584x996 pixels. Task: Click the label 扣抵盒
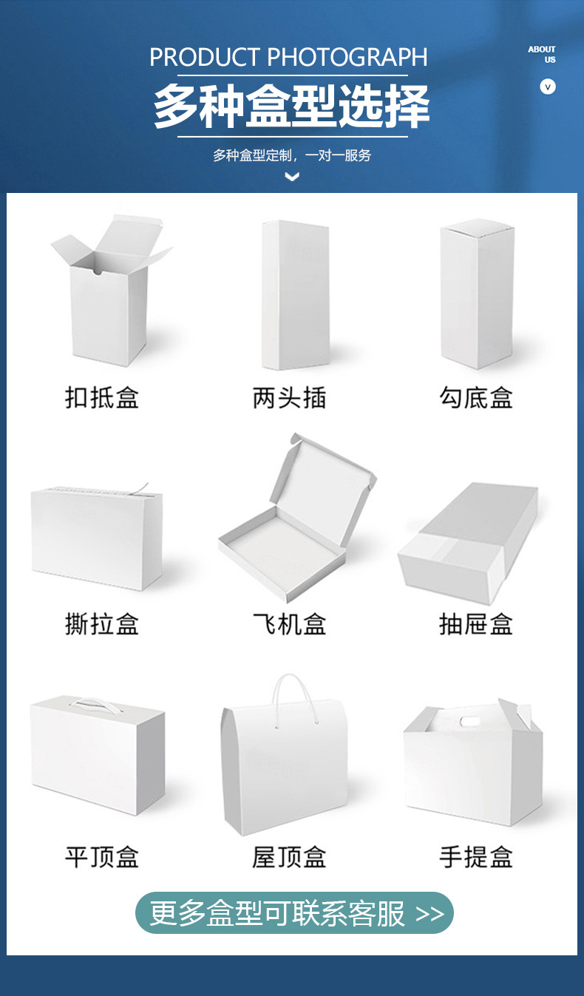pyautogui.click(x=102, y=398)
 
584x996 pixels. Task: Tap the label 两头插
pyautogui.click(x=289, y=398)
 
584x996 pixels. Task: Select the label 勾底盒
pyautogui.click(x=476, y=398)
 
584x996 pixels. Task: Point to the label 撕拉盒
pyautogui.click(x=102, y=624)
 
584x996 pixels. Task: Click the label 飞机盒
pyautogui.click(x=289, y=624)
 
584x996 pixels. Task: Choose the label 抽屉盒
pyautogui.click(x=476, y=624)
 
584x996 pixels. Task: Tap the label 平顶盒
pyautogui.click(x=102, y=857)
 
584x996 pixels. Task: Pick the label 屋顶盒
pyautogui.click(x=289, y=857)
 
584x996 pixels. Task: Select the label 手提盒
pyautogui.click(x=476, y=857)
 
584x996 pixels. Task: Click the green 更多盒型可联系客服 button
pyautogui.click(x=294, y=913)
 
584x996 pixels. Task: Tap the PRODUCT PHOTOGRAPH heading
pyautogui.click(x=289, y=57)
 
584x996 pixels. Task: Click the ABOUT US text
pyautogui.click(x=542, y=54)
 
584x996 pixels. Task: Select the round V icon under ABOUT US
pyautogui.click(x=548, y=87)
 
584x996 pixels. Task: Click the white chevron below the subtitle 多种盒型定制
pyautogui.click(x=292, y=177)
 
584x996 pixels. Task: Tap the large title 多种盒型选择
pyautogui.click(x=291, y=107)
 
